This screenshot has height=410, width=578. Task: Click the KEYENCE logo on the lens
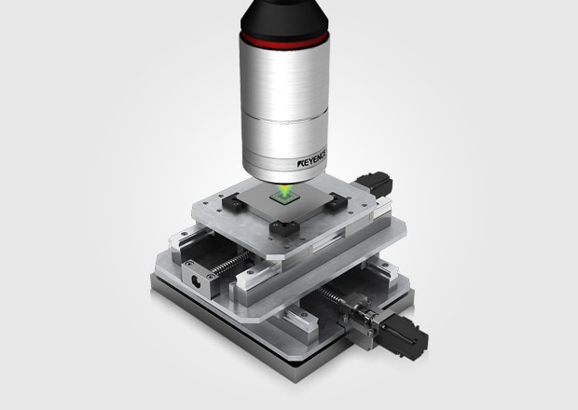pos(311,158)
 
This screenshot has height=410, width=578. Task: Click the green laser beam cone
pos(285,190)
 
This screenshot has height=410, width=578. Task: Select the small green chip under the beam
pos(283,198)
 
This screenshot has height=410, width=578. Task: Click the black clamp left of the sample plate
pos(233,202)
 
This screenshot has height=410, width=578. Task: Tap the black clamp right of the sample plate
pos(336,202)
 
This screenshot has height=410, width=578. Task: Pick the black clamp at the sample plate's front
pos(284,227)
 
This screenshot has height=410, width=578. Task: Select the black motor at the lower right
pos(405,336)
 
